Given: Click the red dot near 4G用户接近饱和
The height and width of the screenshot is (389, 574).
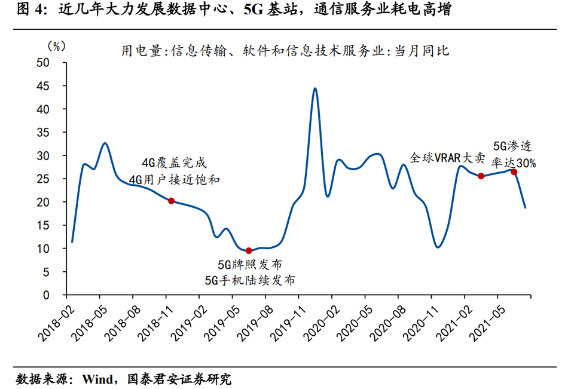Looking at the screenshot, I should click(171, 201).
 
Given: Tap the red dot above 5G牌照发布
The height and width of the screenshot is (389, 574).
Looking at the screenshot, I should click(249, 250).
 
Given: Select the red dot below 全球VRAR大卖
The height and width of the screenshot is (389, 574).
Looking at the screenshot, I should click(481, 176).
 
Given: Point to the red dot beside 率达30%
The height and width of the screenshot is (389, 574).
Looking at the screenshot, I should click(514, 171).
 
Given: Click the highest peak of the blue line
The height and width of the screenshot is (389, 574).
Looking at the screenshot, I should click(315, 88).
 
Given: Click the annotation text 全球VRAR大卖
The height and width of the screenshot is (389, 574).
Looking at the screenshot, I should click(447, 158).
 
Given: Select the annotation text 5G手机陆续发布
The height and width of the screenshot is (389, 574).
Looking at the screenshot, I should click(250, 280).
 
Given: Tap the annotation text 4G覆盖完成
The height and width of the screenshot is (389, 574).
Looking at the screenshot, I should click(173, 162).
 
